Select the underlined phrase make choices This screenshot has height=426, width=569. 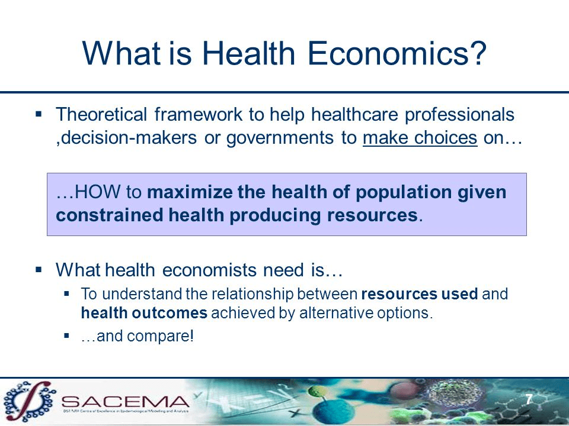tap(420, 138)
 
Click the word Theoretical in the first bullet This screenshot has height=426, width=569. tap(101, 114)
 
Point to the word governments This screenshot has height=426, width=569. tap(280, 138)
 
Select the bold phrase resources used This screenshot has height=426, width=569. tap(420, 294)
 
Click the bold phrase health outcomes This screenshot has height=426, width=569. tap(144, 313)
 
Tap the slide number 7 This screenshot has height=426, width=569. tap(529, 399)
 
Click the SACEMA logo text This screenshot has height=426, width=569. tap(125, 401)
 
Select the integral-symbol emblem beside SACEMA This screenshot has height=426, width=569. tap(29, 401)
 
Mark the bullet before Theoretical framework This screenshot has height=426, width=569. tap(39, 114)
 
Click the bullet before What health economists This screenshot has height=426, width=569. tap(39, 270)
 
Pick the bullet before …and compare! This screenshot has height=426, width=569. tap(66, 335)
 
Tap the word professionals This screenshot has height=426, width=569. tap(459, 115)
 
